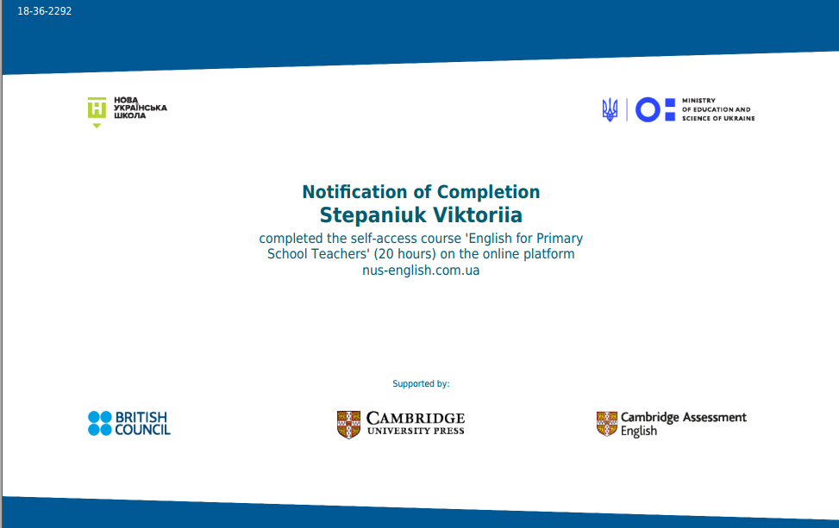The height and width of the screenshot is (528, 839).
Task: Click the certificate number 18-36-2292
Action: (x=45, y=11)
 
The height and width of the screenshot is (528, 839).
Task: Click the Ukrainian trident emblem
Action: (x=610, y=109)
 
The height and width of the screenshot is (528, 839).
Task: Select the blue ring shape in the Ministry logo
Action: (x=648, y=109)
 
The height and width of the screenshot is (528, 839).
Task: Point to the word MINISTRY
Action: (x=698, y=101)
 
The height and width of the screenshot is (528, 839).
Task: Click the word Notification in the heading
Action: (x=354, y=192)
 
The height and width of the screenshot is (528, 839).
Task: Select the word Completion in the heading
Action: (x=489, y=192)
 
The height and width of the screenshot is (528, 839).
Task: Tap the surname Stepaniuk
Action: (x=373, y=215)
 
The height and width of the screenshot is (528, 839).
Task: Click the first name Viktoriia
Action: (x=478, y=214)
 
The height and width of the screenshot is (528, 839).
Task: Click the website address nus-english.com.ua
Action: (x=421, y=270)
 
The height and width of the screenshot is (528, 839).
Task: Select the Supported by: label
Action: (x=421, y=383)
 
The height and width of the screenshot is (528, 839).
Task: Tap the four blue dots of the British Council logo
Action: (x=99, y=423)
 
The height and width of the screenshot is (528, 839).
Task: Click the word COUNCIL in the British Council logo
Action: (x=142, y=430)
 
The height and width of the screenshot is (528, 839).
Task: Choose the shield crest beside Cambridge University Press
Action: (x=348, y=425)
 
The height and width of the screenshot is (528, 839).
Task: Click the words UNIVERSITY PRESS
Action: (x=416, y=431)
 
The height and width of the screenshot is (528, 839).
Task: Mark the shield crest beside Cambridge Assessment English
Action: (x=607, y=424)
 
